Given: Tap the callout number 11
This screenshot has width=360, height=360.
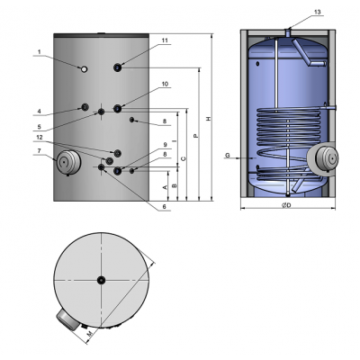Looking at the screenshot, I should pyautogui.click(x=165, y=41).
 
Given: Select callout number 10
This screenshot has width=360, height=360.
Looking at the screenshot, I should pyautogui.click(x=165, y=84).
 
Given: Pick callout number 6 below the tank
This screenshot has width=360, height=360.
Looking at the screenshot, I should pyautogui.click(x=165, y=206).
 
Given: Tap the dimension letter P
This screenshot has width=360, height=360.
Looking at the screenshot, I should pyautogui.click(x=194, y=136).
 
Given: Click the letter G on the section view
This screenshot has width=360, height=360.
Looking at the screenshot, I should pyautogui.click(x=228, y=156).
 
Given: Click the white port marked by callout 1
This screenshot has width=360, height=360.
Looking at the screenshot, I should pyautogui.click(x=83, y=69).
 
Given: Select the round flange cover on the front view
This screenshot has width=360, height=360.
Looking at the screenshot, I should pyautogui.click(x=67, y=164).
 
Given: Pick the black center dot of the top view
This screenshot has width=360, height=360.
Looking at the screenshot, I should pyautogui.click(x=102, y=279).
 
